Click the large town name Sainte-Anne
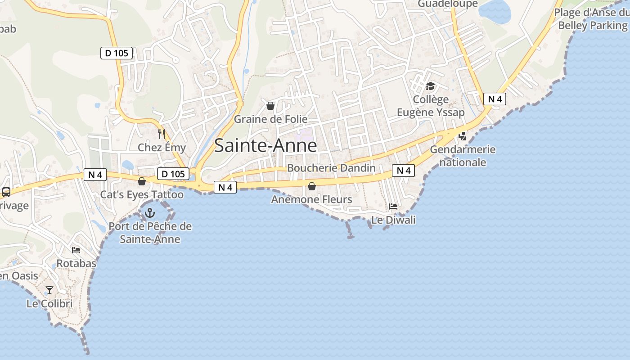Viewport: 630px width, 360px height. (x=265, y=146)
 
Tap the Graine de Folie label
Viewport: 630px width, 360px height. (x=270, y=119)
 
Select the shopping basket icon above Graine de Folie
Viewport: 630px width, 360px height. (x=270, y=106)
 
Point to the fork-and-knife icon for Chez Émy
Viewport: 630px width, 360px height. (x=162, y=134)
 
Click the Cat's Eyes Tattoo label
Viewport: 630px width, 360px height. (x=142, y=195)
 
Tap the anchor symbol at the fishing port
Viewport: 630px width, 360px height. (x=150, y=212)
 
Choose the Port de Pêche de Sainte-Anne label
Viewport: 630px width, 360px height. (x=150, y=233)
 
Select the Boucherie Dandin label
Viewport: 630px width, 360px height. (x=331, y=168)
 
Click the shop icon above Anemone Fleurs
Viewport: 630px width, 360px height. (x=311, y=186)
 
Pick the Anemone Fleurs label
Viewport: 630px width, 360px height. (x=311, y=199)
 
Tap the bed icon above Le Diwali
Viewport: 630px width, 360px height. (x=393, y=207)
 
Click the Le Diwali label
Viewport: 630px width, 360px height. (x=393, y=220)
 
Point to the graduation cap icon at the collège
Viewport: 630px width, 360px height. (x=431, y=86)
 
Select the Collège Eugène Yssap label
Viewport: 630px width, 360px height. (x=431, y=106)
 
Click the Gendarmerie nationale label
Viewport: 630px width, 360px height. (x=463, y=156)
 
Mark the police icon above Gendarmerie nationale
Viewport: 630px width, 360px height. (x=462, y=136)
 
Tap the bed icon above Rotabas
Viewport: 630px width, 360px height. (x=76, y=250)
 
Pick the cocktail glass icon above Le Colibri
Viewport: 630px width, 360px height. (x=49, y=290)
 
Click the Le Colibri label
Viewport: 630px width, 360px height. (x=49, y=304)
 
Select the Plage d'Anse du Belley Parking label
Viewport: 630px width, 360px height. (x=592, y=19)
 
